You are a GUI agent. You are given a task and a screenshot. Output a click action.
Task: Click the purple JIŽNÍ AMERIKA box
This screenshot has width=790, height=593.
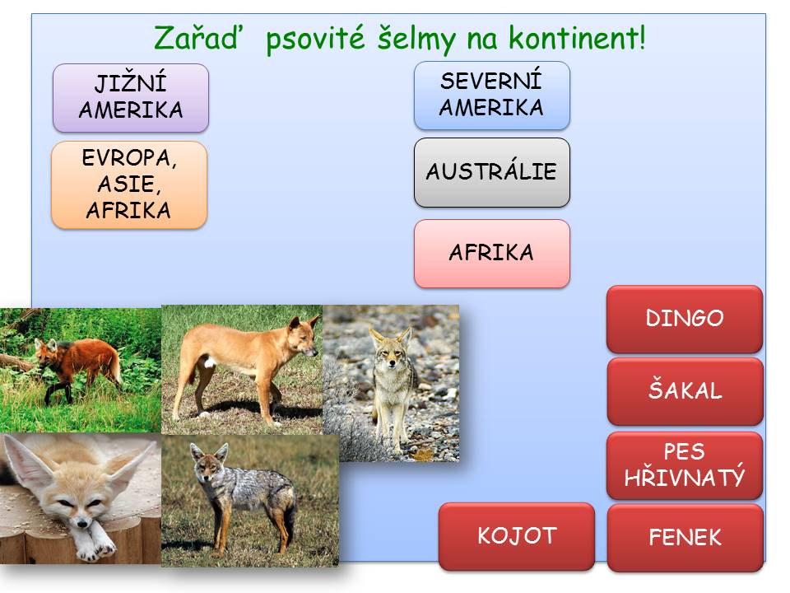(x=131, y=98)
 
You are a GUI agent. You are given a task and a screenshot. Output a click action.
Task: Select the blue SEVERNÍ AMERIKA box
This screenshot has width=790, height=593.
(x=492, y=96)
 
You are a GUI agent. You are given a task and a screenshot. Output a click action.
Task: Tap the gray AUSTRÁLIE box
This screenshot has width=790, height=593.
(x=492, y=172)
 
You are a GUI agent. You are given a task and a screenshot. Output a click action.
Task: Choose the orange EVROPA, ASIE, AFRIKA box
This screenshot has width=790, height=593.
(x=129, y=184)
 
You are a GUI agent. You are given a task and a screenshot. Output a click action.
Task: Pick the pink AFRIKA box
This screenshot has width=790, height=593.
(x=492, y=253)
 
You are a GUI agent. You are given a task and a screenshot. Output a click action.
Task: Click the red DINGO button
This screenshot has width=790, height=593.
(x=684, y=319)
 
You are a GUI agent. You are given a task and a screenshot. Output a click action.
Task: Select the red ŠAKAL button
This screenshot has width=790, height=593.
(x=685, y=391)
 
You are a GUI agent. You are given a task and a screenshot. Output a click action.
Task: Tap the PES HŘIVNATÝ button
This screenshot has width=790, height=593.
(x=685, y=465)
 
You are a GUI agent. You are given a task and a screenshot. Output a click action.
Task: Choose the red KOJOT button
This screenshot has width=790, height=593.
(x=517, y=536)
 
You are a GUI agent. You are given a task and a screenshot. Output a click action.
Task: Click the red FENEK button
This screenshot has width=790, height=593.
(x=685, y=538)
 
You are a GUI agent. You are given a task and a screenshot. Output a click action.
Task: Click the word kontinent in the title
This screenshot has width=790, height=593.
(x=577, y=38)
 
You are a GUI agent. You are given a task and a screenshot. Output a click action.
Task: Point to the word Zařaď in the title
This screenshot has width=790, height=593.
(x=196, y=37)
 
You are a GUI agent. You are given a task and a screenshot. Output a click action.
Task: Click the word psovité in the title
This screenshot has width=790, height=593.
(x=315, y=39)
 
